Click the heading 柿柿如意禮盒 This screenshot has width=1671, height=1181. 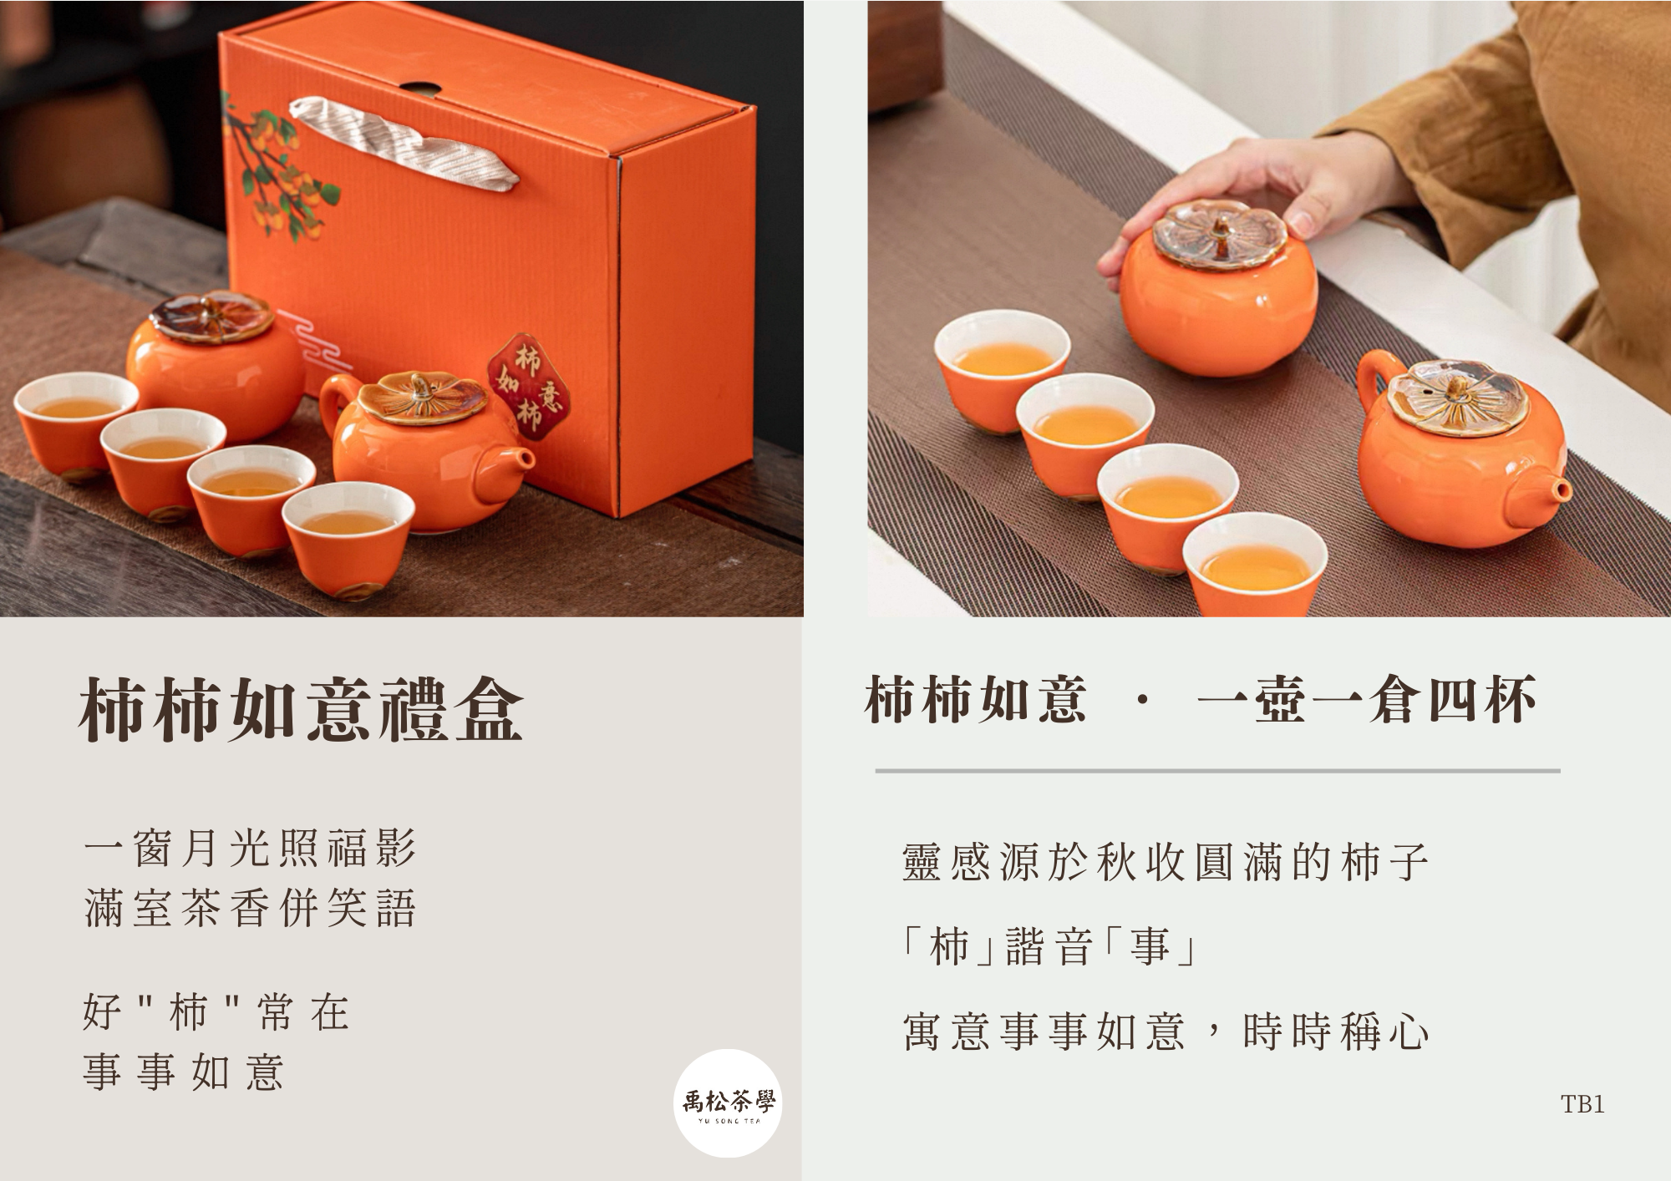[301, 710]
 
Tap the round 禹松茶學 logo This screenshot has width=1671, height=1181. [728, 1102]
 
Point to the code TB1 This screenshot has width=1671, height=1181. [1582, 1104]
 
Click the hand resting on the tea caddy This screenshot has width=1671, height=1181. [1262, 192]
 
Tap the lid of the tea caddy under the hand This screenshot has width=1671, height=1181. [1219, 234]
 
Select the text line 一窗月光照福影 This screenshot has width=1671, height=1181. [250, 849]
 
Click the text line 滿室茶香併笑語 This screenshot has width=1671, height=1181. [250, 908]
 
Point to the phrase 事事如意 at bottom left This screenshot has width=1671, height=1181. [184, 1072]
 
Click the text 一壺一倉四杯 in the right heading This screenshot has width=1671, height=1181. [1367, 700]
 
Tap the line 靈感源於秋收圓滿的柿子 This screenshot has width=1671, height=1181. [1166, 862]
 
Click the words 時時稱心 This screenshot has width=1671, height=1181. [1336, 1032]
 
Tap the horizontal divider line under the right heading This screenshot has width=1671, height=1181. [1217, 771]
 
